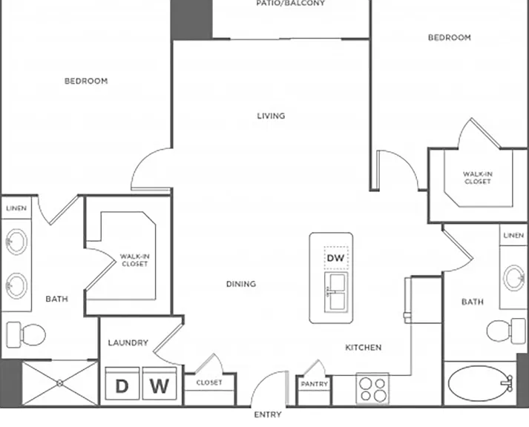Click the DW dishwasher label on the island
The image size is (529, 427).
click(x=335, y=258)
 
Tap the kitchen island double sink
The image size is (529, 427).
click(x=335, y=292)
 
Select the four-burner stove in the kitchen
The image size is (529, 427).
click(x=372, y=388)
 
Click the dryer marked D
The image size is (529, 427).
click(x=122, y=384)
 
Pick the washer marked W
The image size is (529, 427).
click(x=160, y=384)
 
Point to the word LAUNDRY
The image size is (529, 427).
click(x=128, y=342)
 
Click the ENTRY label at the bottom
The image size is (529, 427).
click(x=268, y=414)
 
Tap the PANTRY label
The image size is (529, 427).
click(x=315, y=384)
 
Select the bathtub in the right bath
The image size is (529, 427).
click(x=481, y=383)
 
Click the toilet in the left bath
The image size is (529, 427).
click(x=26, y=334)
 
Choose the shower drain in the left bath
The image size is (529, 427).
click(x=59, y=383)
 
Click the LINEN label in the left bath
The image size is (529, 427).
click(x=16, y=208)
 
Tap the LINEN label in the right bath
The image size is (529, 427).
click(x=513, y=235)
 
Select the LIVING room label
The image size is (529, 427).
click(x=271, y=116)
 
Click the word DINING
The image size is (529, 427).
click(x=241, y=284)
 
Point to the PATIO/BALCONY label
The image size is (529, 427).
click(x=291, y=4)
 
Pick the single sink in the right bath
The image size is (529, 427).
click(x=514, y=278)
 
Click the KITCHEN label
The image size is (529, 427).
click(x=364, y=348)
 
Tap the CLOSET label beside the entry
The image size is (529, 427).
click(x=209, y=383)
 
